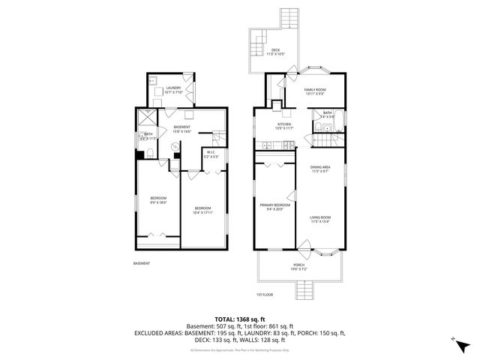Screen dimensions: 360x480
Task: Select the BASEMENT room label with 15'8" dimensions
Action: pos(182,128)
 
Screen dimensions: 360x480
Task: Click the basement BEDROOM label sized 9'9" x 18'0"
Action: pos(157,198)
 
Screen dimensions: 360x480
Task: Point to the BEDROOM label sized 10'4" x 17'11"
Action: pos(203,209)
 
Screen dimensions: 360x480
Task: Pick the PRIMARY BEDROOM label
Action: pos(275,205)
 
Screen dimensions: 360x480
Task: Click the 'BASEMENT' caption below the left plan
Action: pos(142,263)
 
